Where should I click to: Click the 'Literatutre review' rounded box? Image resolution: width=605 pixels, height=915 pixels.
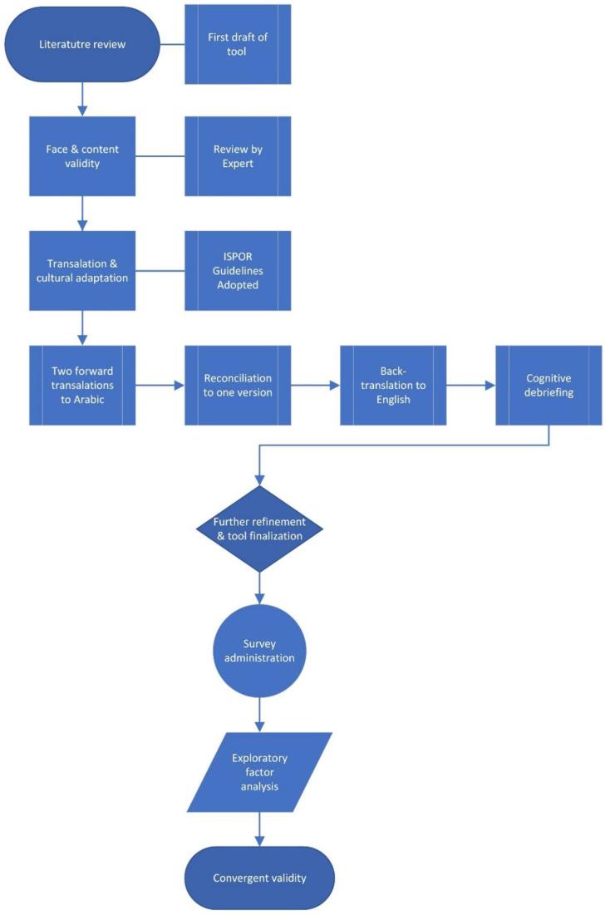[x=81, y=44]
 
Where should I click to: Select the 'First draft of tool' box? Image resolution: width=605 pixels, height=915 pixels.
[x=238, y=44]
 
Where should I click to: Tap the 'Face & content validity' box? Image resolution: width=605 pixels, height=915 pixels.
[x=81, y=155]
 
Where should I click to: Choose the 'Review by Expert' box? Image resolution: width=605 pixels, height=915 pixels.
[x=238, y=155]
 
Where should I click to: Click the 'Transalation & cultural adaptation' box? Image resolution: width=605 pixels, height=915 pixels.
[x=81, y=271]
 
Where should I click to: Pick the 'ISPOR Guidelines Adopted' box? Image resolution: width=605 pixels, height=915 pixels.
[x=238, y=271]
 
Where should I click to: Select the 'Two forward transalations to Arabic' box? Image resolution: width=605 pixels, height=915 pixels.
[x=81, y=385]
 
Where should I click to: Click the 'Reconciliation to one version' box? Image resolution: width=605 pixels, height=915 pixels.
[x=238, y=385]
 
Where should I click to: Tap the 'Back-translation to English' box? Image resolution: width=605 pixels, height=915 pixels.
[x=393, y=385]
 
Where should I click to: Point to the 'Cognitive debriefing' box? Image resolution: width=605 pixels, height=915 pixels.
[x=548, y=385]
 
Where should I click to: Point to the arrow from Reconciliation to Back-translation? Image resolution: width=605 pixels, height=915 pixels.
[x=316, y=385]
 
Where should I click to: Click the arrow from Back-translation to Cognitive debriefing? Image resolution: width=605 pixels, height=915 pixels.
[x=471, y=385]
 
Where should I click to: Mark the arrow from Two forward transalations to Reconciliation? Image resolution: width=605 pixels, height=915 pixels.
[x=160, y=385]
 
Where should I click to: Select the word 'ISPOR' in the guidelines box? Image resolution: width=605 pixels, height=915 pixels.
[x=238, y=256]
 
